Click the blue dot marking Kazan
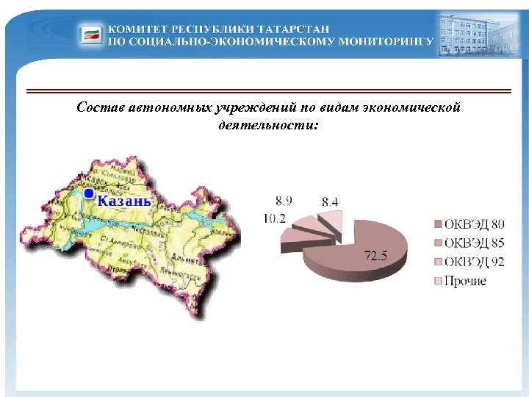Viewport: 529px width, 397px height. point(88,194)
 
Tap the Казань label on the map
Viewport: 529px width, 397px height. point(124,201)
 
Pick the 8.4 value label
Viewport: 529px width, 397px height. point(330,201)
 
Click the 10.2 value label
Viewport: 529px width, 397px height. point(276,218)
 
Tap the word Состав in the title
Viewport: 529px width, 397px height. point(99,108)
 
